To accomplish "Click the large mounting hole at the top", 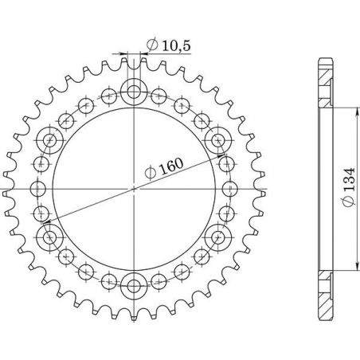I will [x=134, y=88].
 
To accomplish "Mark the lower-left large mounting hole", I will [x=53, y=236].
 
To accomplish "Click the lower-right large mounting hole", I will [x=216, y=236].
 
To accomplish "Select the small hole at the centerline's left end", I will [x=38, y=188].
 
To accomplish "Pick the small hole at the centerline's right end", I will [x=230, y=188].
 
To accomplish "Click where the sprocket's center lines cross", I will [x=134, y=188].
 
